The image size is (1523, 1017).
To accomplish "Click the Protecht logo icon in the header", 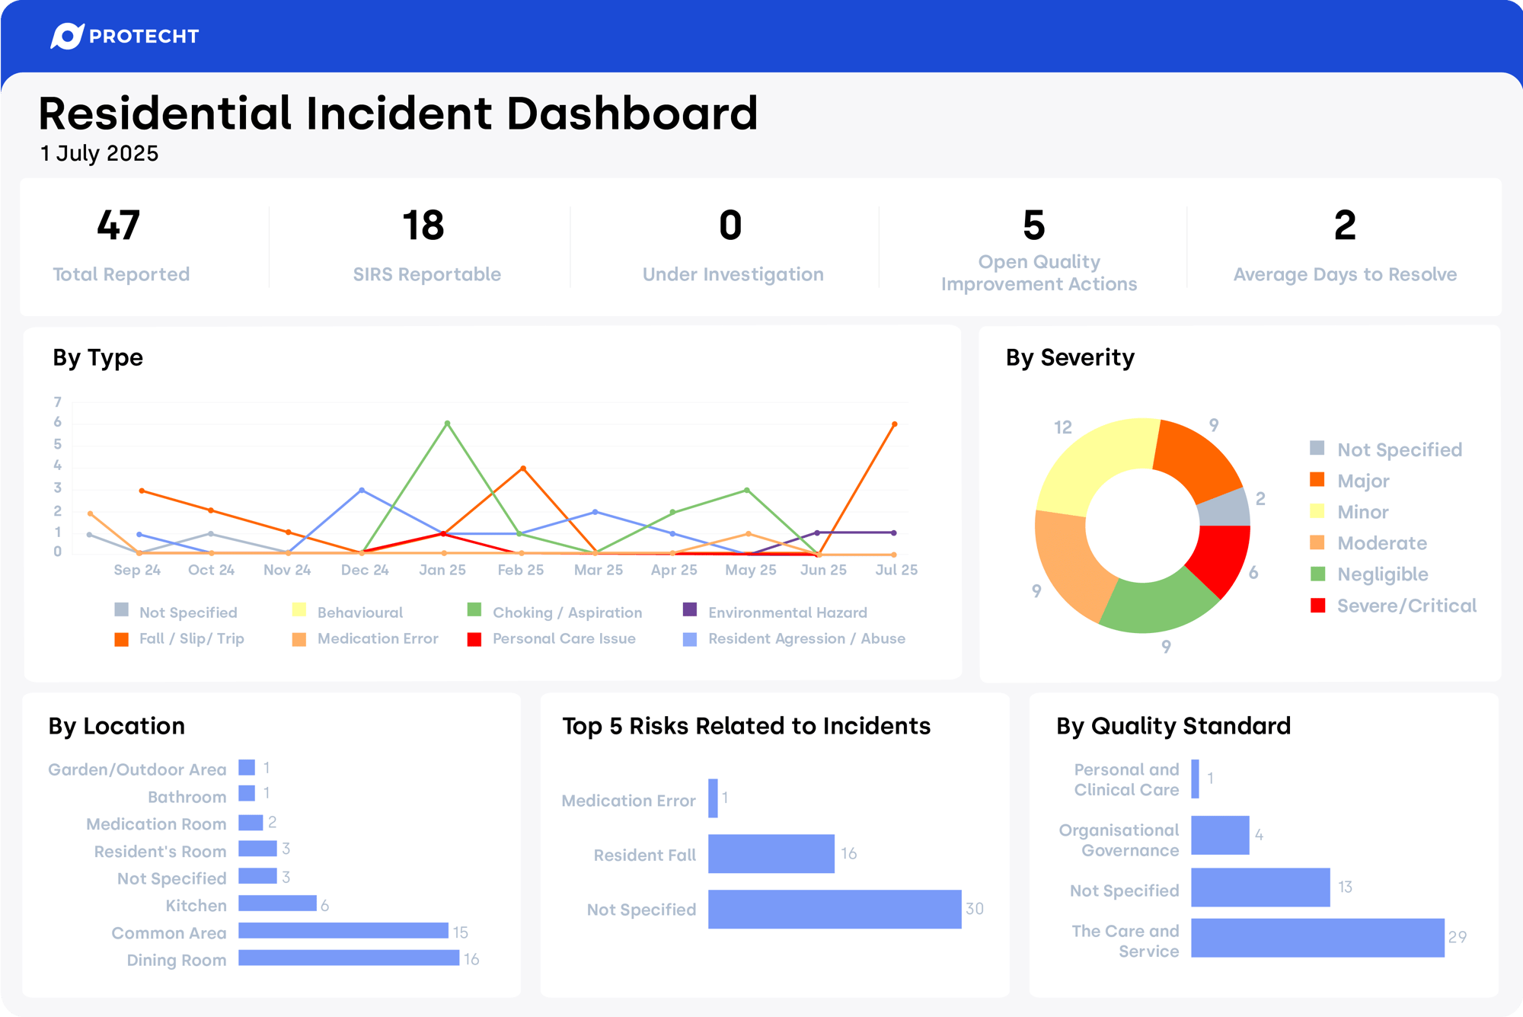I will (66, 36).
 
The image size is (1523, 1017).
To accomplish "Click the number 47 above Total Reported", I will (119, 225).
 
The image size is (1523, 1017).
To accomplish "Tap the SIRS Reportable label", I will (426, 274).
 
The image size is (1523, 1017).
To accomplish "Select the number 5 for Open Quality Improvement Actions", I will (1033, 225).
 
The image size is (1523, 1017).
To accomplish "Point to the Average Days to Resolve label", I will (1345, 274).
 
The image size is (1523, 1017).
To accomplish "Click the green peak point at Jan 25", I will (447, 423).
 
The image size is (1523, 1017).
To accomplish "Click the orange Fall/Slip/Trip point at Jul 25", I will (894, 424).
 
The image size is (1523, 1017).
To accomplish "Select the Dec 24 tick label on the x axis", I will (365, 570).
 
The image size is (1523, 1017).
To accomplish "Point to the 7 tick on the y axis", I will (57, 401).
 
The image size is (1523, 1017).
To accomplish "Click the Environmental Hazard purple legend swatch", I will (690, 609).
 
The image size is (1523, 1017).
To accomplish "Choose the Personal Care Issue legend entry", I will (564, 638).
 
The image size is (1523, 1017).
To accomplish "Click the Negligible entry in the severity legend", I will (1382, 574).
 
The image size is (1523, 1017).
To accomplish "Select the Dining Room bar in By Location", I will (349, 958).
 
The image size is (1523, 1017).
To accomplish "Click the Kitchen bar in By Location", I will (277, 903).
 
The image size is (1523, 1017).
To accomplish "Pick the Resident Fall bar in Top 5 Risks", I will (771, 854).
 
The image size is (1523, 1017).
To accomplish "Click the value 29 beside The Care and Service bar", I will (1457, 937).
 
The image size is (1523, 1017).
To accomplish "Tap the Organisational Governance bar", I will (1220, 835).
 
